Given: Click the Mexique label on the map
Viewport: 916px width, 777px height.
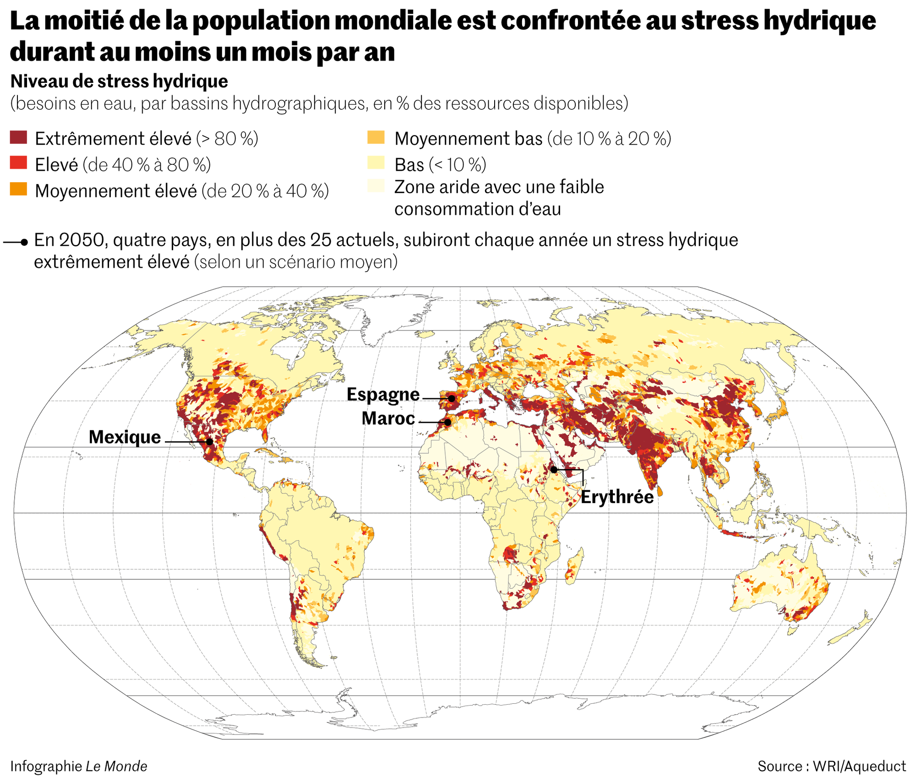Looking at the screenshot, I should coord(125,437).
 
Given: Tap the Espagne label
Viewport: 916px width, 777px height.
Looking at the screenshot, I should coord(383,394).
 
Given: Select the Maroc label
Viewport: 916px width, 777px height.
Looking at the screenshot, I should coord(388,418).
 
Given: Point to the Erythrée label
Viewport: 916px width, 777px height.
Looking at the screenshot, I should coord(617,497).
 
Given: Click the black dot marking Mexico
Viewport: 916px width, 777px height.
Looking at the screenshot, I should coord(209,442).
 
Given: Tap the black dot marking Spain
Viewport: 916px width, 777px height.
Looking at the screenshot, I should coord(452,399).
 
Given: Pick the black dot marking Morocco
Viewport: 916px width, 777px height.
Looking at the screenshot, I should coord(447,422).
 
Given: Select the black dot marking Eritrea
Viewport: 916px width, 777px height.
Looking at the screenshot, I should coord(554,470).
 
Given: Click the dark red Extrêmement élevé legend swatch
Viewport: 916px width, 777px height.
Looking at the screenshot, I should coord(18,137).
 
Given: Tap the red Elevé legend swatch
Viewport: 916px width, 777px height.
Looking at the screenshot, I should coord(18,163).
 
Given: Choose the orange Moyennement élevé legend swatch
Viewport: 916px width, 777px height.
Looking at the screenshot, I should coord(18,189).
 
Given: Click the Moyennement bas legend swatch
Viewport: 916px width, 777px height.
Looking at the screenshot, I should coord(376,137).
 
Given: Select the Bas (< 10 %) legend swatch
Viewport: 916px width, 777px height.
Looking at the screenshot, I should coord(376,163).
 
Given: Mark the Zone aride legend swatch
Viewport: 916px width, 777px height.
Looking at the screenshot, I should coord(376,186).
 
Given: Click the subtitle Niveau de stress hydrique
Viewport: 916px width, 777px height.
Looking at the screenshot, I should coord(119,82).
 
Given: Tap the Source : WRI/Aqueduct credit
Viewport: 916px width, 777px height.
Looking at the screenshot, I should coord(831,766).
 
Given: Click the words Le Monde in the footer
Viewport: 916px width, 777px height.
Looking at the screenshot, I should coord(116,766).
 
